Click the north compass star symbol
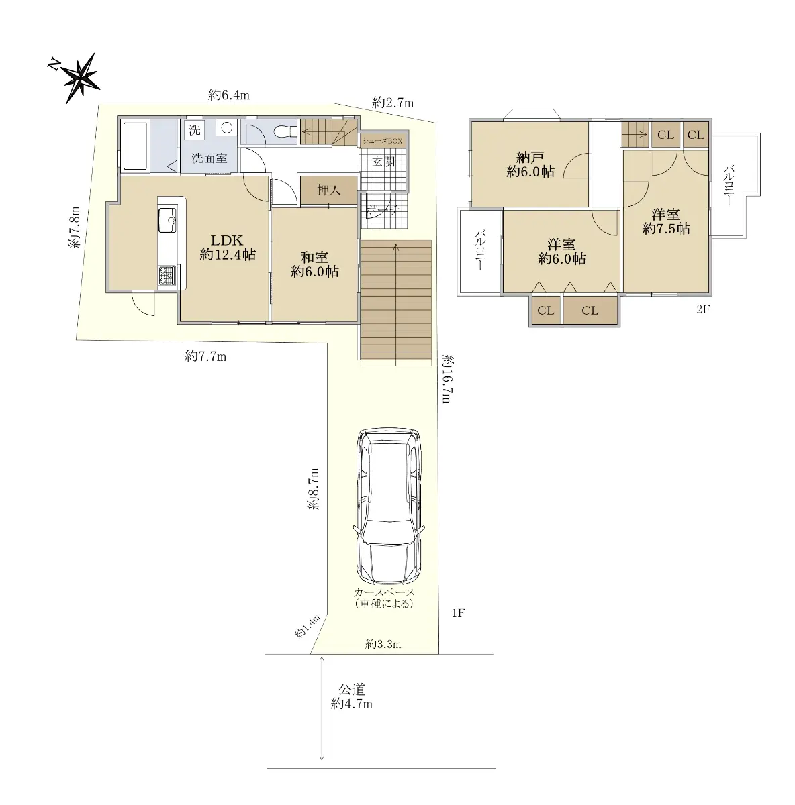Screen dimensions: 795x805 (81, 78)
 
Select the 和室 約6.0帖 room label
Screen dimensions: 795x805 (314, 264)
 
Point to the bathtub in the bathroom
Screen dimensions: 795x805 (135, 146)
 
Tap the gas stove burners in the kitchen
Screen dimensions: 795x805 (167, 276)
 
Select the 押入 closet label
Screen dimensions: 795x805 (329, 190)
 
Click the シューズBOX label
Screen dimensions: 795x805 (382, 141)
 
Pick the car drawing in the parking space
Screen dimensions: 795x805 (389, 506)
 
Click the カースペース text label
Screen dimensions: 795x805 (384, 592)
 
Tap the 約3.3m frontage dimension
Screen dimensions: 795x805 (383, 644)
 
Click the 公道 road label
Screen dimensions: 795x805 (352, 689)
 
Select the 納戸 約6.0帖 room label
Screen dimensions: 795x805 (530, 164)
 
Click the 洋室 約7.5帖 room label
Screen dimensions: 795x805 (666, 221)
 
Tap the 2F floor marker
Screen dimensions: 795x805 (703, 309)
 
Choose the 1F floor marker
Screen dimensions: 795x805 (459, 613)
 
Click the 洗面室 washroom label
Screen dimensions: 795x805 (209, 158)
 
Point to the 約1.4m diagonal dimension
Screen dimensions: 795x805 (308, 627)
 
